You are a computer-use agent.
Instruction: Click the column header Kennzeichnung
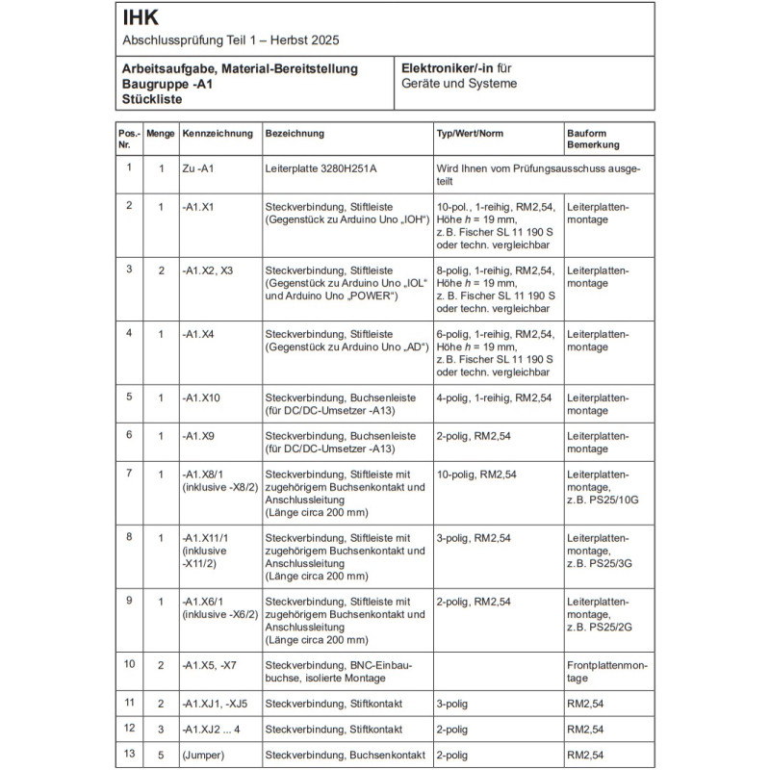(x=218, y=134)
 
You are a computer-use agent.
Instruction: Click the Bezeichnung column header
(x=295, y=134)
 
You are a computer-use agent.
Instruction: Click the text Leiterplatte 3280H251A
(x=321, y=168)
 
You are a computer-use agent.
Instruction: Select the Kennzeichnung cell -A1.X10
(x=201, y=398)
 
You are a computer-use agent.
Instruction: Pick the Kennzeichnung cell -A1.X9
(x=198, y=435)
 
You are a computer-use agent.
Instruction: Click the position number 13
(x=129, y=755)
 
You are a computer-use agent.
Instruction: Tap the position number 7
(x=129, y=473)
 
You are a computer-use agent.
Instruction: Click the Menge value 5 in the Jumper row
(x=161, y=756)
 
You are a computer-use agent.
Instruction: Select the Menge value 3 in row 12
(x=161, y=729)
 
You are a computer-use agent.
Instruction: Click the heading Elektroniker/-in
(x=448, y=68)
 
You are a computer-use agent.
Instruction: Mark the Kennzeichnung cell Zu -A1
(x=196, y=168)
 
